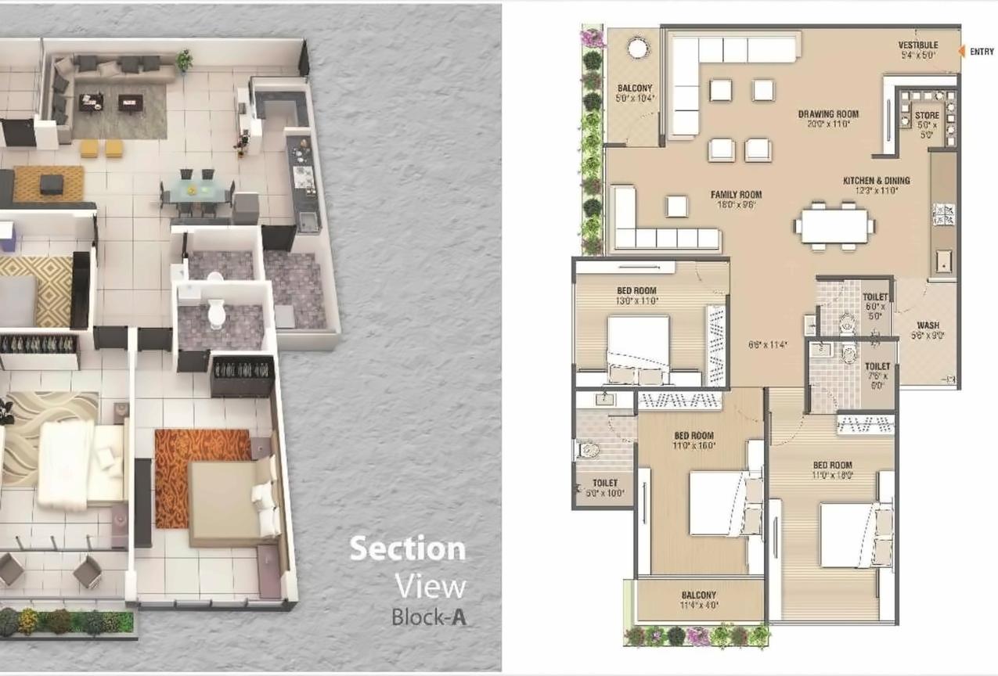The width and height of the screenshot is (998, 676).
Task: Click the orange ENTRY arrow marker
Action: tap(962, 52)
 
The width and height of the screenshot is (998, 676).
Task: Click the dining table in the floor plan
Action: tap(834, 225)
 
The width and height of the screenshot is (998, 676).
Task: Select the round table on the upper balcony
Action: tap(639, 49)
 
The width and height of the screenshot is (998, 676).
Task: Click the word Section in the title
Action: tap(407, 548)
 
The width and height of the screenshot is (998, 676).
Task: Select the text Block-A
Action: tap(429, 616)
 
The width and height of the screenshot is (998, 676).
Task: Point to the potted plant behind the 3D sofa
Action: tap(185, 59)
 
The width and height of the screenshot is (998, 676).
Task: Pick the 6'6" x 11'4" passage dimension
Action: tap(767, 344)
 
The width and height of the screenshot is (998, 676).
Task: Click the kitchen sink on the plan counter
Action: tap(944, 262)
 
